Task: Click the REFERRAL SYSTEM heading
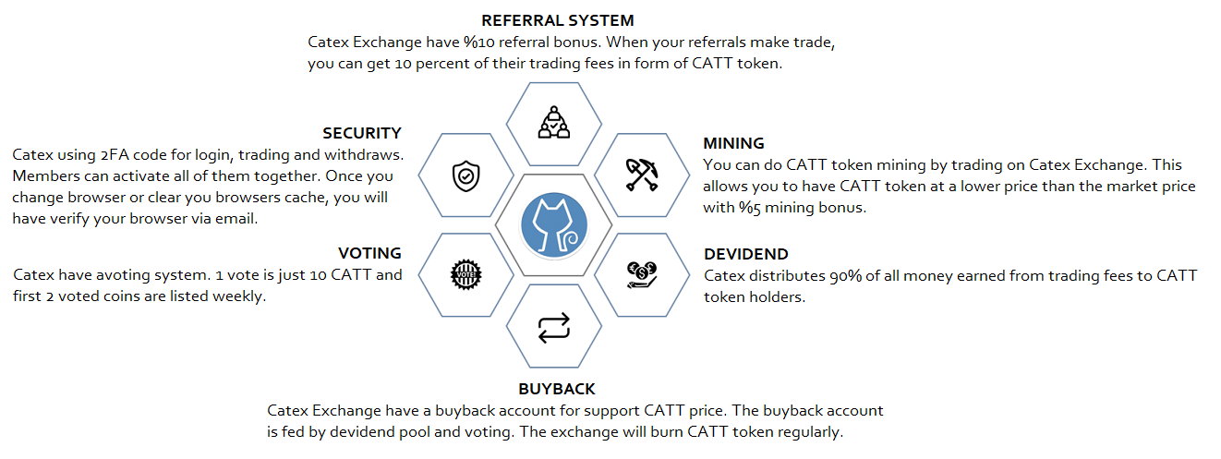point(558,20)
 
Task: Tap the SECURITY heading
point(362,134)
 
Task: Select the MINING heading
point(734,144)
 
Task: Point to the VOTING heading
point(369,253)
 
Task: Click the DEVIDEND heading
point(746,254)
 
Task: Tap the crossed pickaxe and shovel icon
point(641,173)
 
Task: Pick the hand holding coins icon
point(641,274)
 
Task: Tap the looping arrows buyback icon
point(553,327)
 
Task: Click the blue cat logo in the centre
point(553,225)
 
